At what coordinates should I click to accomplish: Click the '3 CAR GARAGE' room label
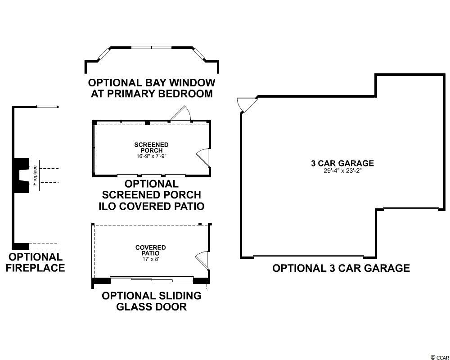(342, 163)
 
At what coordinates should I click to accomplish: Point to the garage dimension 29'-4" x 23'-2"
(342, 171)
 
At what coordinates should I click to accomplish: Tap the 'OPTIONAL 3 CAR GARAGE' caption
(341, 268)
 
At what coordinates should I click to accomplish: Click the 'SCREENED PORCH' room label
(151, 147)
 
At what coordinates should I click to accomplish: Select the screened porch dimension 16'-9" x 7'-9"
(151, 156)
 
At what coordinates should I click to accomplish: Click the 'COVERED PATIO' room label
(150, 250)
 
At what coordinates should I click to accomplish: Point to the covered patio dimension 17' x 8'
(150, 259)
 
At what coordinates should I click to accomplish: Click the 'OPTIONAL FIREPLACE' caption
(36, 262)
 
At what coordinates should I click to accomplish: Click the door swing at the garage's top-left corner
(246, 104)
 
